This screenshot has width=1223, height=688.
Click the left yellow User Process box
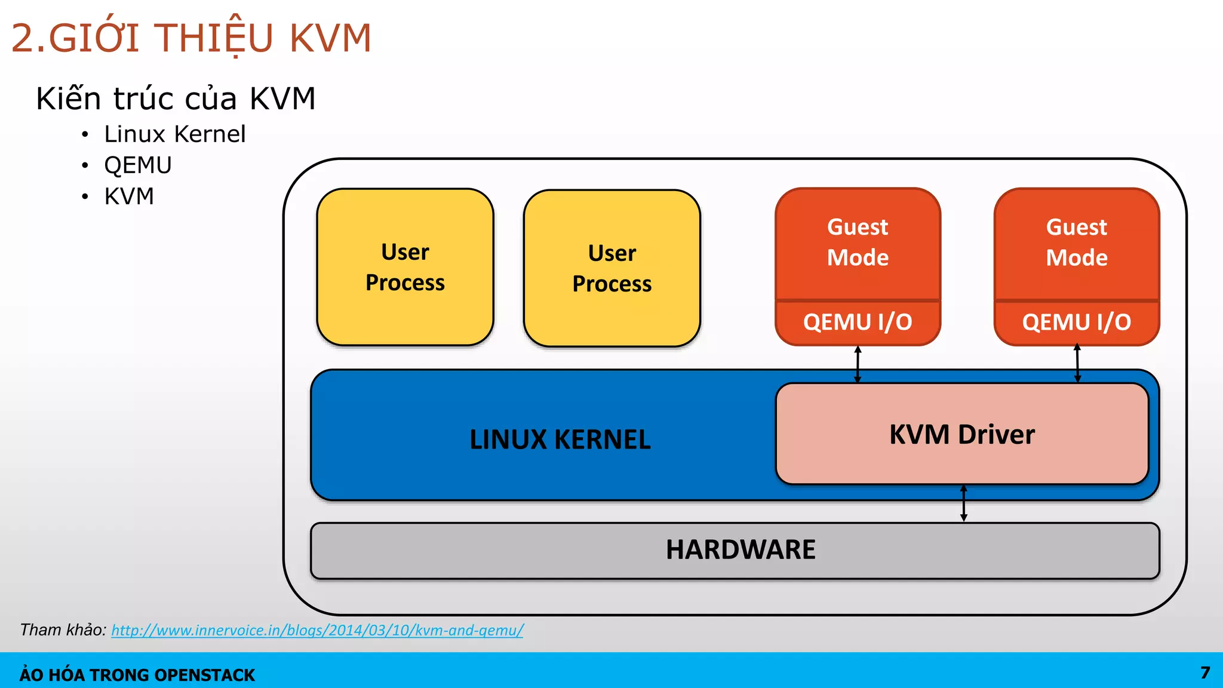(x=405, y=267)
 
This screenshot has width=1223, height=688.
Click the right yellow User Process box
(x=611, y=268)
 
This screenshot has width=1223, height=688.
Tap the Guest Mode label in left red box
(x=858, y=242)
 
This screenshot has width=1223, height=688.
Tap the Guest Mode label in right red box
(x=1077, y=242)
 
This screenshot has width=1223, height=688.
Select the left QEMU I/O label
(x=858, y=322)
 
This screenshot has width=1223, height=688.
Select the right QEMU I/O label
(x=1077, y=322)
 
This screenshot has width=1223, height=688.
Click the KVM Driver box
(x=961, y=434)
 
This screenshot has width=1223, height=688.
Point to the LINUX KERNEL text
(x=560, y=440)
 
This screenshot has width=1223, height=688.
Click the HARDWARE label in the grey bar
(x=740, y=549)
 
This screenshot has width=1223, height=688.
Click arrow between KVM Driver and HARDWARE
(x=963, y=503)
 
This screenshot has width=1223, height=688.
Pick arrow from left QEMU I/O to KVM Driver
(x=858, y=364)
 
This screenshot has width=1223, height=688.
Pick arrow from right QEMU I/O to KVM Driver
(x=1077, y=363)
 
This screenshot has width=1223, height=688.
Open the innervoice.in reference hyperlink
(x=316, y=630)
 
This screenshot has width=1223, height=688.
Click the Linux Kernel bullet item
(x=174, y=134)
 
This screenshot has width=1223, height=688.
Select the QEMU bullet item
(x=138, y=165)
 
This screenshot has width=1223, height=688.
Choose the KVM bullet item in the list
(x=129, y=196)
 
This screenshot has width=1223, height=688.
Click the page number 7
(x=1205, y=673)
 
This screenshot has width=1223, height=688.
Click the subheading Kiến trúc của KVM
(x=176, y=99)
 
